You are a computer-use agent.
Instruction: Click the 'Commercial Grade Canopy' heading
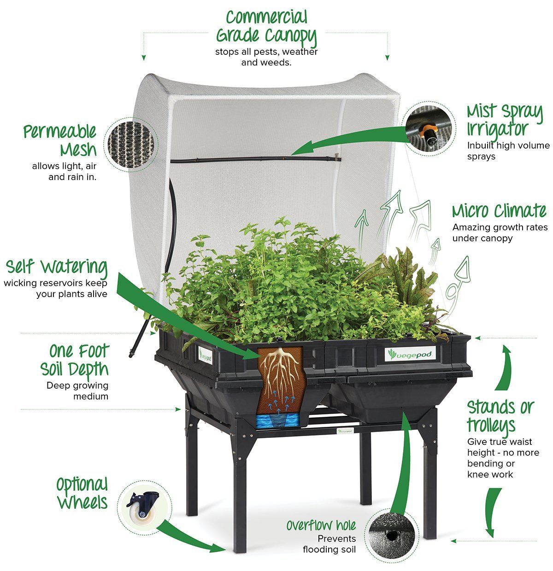click(266, 27)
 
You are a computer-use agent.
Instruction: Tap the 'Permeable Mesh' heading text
click(61, 140)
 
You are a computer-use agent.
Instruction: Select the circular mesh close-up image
click(128, 143)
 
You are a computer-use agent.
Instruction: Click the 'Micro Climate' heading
click(499, 211)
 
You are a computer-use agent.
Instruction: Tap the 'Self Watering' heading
click(57, 267)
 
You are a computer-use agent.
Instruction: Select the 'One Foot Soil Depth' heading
click(75, 360)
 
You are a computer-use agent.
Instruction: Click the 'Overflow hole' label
click(321, 525)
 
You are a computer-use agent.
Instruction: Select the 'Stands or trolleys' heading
click(500, 416)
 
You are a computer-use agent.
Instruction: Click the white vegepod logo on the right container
click(410, 354)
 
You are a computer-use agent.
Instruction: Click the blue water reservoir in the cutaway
click(278, 420)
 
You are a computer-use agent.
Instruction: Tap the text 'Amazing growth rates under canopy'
click(500, 233)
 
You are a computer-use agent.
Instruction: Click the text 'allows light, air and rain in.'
click(65, 171)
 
